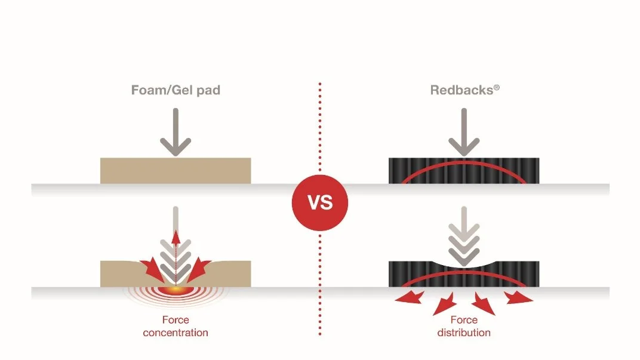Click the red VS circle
(x=320, y=203)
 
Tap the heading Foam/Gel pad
(x=176, y=90)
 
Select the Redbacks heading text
(x=461, y=90)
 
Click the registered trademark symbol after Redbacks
(x=497, y=87)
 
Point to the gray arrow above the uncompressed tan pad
(x=176, y=132)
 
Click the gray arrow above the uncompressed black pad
(x=464, y=132)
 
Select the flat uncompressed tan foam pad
(x=176, y=171)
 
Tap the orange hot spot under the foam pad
(x=176, y=290)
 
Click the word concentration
(x=176, y=333)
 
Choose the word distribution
(x=464, y=333)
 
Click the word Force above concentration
(x=176, y=319)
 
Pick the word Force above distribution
(x=464, y=319)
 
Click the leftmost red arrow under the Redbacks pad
(x=409, y=297)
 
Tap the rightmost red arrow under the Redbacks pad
(x=518, y=297)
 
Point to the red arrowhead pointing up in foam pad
(x=176, y=237)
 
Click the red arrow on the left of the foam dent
(x=152, y=269)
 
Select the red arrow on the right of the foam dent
(x=199, y=269)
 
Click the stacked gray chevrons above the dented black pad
(x=464, y=245)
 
